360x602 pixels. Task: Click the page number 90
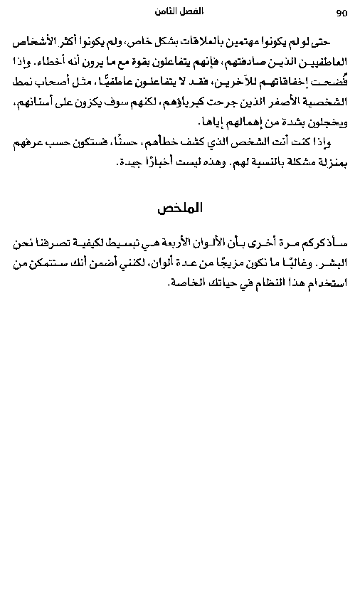(x=341, y=13)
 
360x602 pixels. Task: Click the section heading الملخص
(x=180, y=208)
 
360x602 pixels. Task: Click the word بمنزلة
(x=329, y=163)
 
